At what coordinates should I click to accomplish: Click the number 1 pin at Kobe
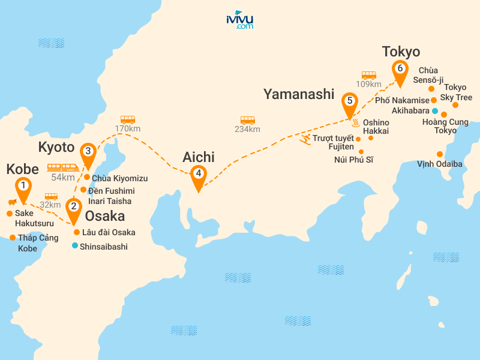(23, 186)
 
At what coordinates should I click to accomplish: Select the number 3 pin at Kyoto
(88, 152)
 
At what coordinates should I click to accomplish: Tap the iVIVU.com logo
(240, 20)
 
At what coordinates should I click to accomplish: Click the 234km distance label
(248, 129)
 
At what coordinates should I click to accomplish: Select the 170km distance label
(127, 128)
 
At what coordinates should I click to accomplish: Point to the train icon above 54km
(63, 167)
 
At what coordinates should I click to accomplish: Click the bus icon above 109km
(369, 75)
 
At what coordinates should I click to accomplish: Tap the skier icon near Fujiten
(305, 140)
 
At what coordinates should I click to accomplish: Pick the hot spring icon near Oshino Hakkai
(355, 124)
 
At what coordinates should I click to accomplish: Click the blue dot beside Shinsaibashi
(74, 245)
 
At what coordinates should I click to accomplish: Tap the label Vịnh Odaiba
(440, 164)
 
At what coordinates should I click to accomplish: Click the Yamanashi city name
(298, 94)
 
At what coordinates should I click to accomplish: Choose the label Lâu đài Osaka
(109, 232)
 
